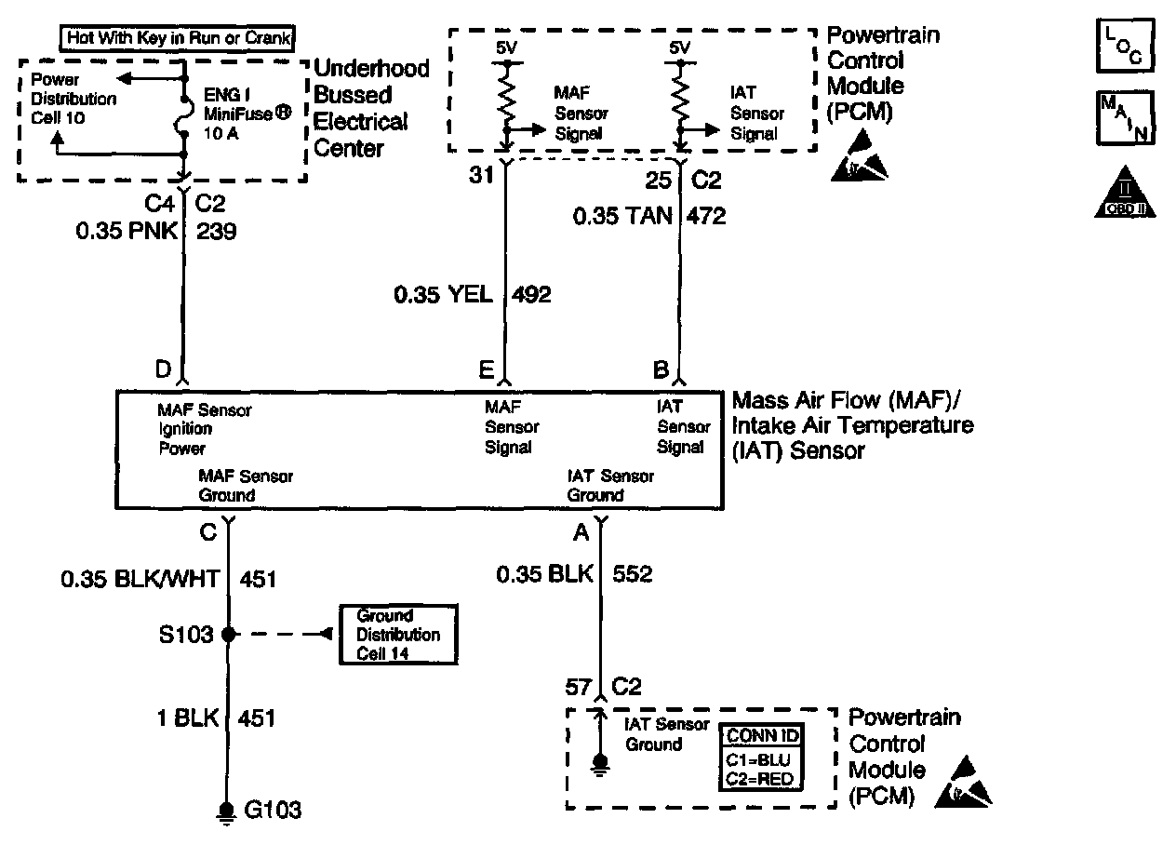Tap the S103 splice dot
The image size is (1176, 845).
tap(227, 635)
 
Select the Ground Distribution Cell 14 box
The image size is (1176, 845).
tap(398, 635)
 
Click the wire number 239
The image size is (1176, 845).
tap(217, 232)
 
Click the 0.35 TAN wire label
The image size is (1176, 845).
tap(621, 216)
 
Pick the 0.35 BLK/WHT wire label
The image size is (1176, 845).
tap(140, 579)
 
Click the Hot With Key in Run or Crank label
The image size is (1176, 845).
tap(179, 39)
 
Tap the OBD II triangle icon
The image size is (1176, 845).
tap(1126, 193)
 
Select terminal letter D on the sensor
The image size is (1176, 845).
tap(163, 370)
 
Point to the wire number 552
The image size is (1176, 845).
tap(632, 574)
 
